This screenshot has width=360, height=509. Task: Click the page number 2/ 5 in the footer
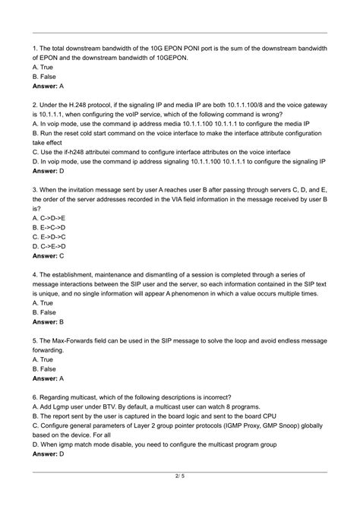point(180,497)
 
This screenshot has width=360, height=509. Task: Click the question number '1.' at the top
point(35,46)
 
